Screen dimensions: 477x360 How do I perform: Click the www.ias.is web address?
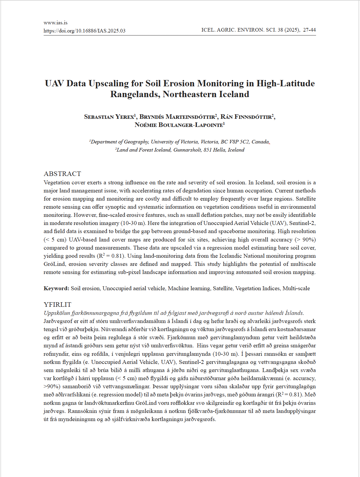click(x=55, y=23)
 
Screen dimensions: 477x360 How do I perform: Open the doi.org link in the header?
click(x=84, y=31)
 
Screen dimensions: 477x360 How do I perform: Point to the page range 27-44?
click(x=309, y=30)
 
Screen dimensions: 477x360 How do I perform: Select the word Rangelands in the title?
click(x=135, y=94)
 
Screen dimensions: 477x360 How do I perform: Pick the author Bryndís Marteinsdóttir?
click(x=178, y=117)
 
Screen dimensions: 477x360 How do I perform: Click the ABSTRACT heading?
click(x=62, y=174)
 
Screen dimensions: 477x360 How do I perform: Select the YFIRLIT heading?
click(x=57, y=305)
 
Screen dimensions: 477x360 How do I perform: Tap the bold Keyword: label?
click(x=57, y=288)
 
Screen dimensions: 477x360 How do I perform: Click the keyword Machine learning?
click(x=189, y=288)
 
